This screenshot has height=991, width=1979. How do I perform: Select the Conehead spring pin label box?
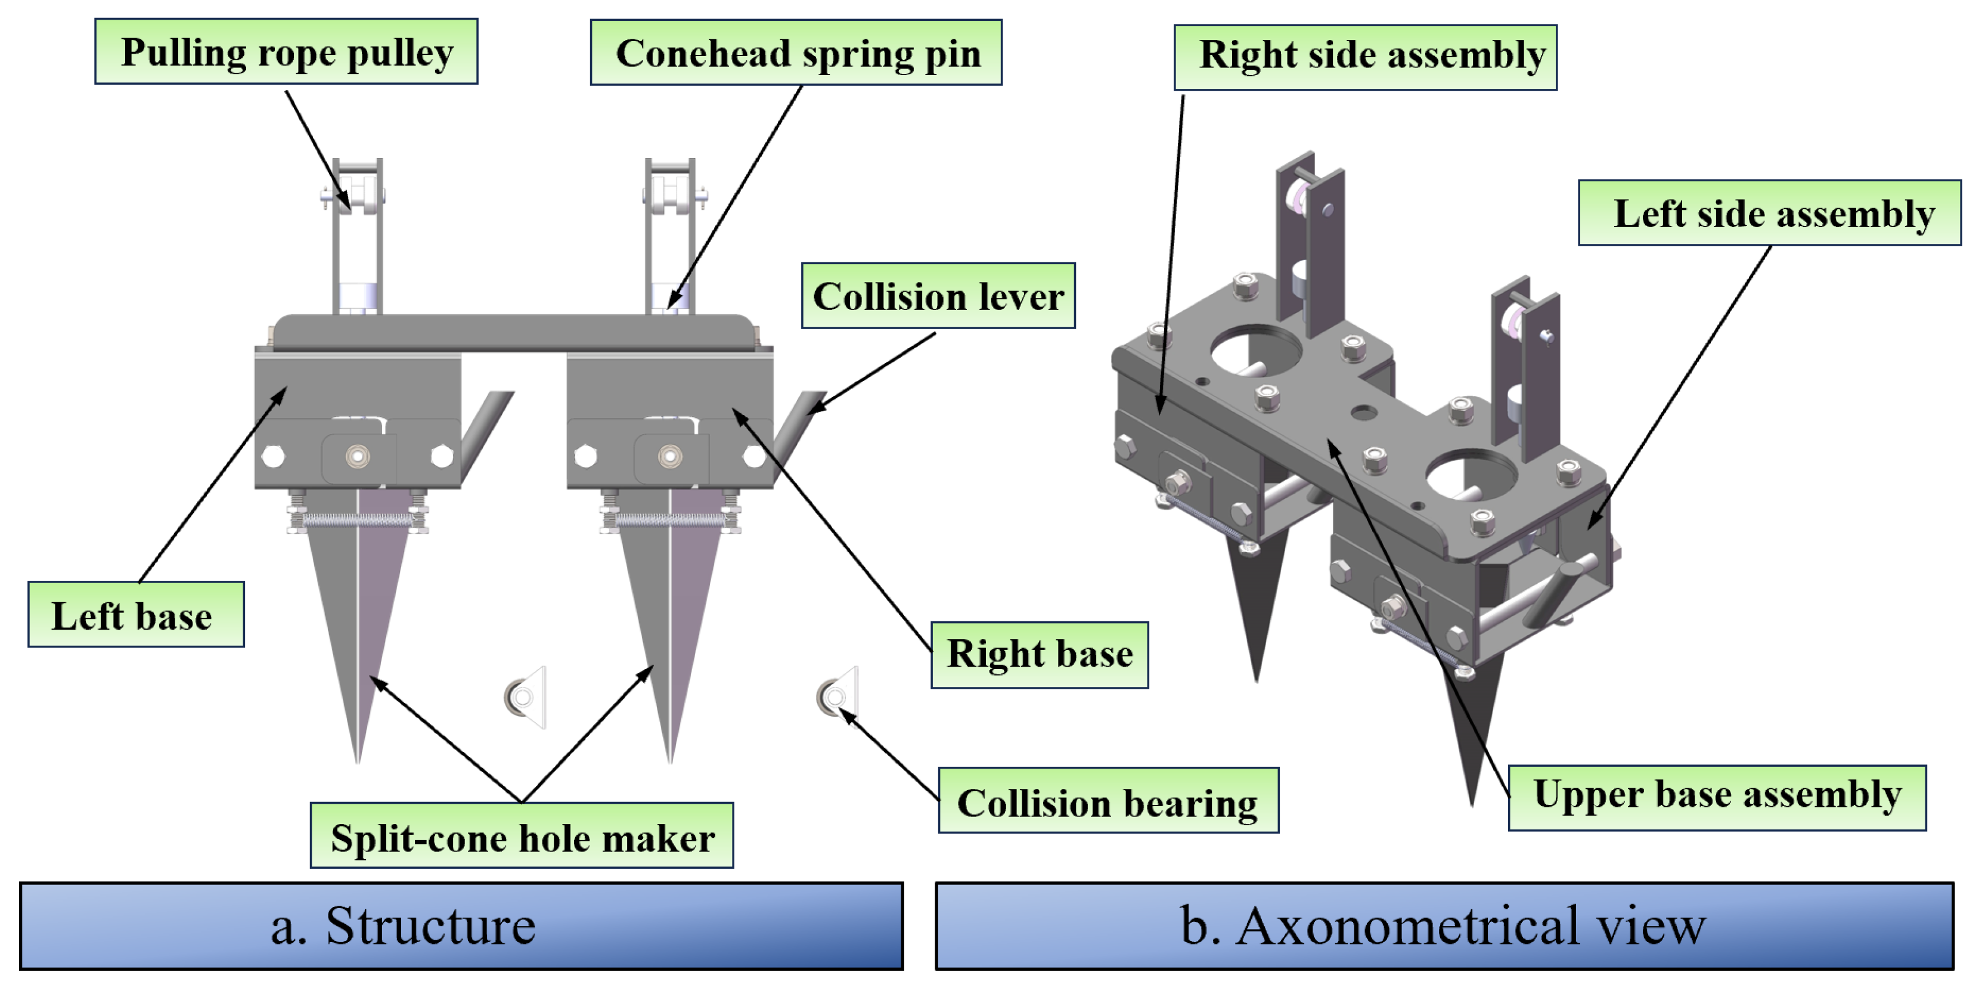(x=796, y=53)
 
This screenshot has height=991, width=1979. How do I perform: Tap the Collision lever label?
(x=938, y=296)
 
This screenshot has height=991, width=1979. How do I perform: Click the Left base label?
(x=136, y=615)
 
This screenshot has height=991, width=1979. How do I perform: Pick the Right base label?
(x=1040, y=655)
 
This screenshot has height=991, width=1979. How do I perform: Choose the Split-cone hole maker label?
(x=522, y=836)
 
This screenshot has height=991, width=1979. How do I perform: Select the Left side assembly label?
(x=1769, y=213)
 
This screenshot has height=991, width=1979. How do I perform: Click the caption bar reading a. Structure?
(x=461, y=925)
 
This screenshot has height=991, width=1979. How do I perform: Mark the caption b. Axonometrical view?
(x=1444, y=925)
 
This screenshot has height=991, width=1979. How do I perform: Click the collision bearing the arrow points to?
(x=833, y=697)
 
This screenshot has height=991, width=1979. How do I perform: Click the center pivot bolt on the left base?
(x=357, y=456)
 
